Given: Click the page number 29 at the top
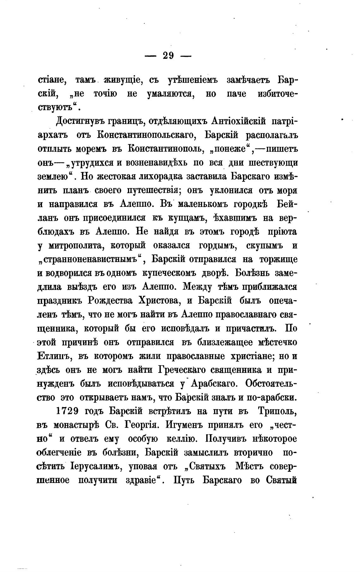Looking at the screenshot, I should click(164, 56).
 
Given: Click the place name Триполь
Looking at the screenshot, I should click(277, 411).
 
